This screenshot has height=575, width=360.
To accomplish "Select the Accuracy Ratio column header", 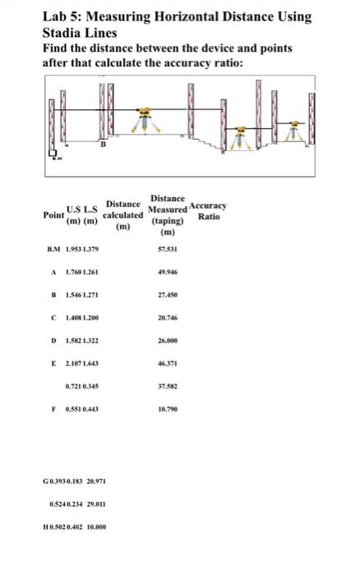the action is click(208, 210).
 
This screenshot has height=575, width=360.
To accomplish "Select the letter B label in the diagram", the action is click(104, 145).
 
